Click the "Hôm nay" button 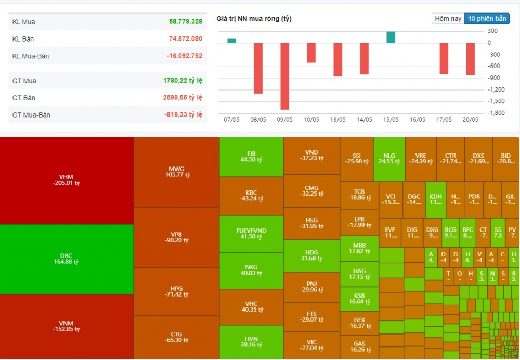click(448, 19)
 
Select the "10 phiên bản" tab click(487, 19)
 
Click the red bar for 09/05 click(284, 76)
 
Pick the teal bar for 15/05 click(391, 37)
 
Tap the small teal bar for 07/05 click(231, 41)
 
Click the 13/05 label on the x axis click(337, 120)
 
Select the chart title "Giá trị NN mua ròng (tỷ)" click(254, 19)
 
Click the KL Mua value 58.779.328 click(185, 22)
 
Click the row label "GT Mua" click(24, 81)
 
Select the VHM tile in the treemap click(66, 179)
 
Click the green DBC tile click(66, 259)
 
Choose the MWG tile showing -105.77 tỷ click(176, 172)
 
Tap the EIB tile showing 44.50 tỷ click(251, 157)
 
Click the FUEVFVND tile click(251, 234)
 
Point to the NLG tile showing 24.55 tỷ click(389, 159)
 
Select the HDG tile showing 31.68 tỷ click(311, 255)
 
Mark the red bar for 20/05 click(470, 59)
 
